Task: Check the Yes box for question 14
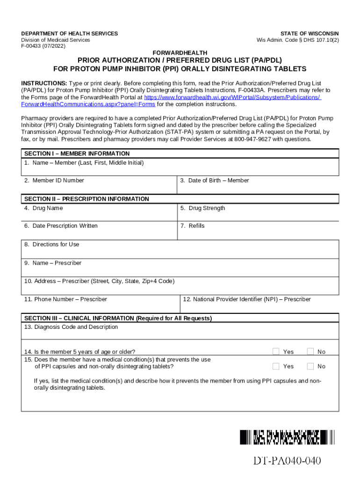pyautogui.click(x=276, y=352)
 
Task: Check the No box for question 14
pyautogui.click(x=310, y=352)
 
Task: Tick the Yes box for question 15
pyautogui.click(x=276, y=366)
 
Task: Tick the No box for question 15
pyautogui.click(x=310, y=366)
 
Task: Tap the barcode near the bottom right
pyautogui.click(x=287, y=437)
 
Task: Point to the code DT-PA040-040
pyautogui.click(x=287, y=461)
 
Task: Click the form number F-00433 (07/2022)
pyautogui.click(x=43, y=46)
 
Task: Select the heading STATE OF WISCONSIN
pyautogui.click(x=310, y=34)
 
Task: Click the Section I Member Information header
pyautogui.click(x=77, y=153)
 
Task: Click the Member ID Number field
pyautogui.click(x=99, y=186)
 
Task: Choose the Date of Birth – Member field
pyautogui.click(x=258, y=186)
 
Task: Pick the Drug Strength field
pyautogui.click(x=258, y=214)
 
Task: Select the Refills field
pyautogui.click(x=258, y=232)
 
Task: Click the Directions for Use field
pyautogui.click(x=180, y=251)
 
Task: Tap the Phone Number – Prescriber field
pyautogui.click(x=101, y=305)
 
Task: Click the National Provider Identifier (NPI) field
pyautogui.click(x=259, y=305)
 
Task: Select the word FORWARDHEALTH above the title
pyautogui.click(x=180, y=53)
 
